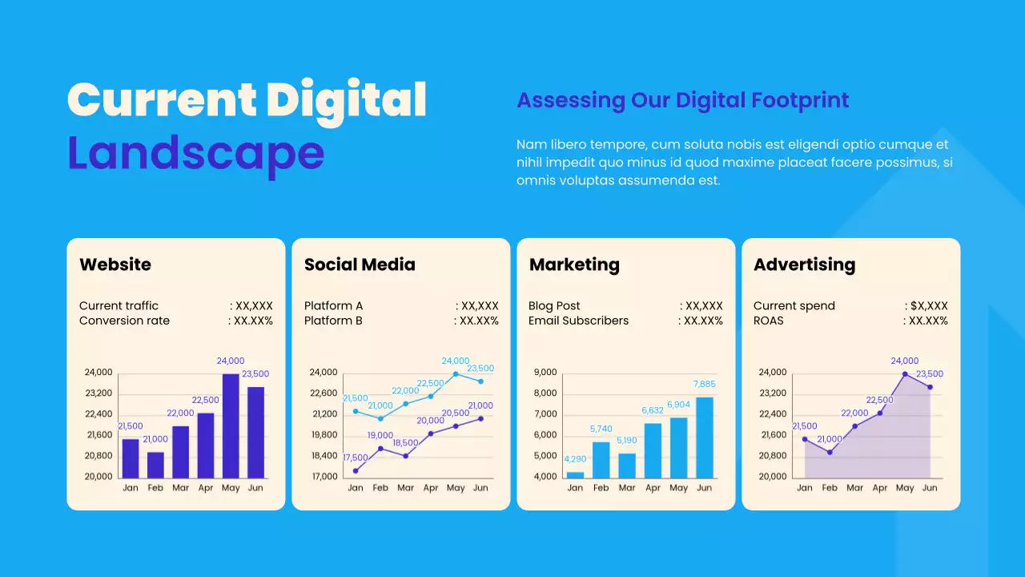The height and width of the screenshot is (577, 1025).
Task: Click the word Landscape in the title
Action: pyautogui.click(x=195, y=152)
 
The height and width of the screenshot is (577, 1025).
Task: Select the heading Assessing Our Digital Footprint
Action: pyautogui.click(x=682, y=100)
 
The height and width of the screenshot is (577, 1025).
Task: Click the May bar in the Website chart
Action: pyautogui.click(x=231, y=426)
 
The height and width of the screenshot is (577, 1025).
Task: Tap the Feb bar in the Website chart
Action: pyautogui.click(x=155, y=465)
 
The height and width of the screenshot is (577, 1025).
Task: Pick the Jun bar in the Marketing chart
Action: pyautogui.click(x=705, y=438)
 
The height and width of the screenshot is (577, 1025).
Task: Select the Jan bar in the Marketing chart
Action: pyautogui.click(x=575, y=474)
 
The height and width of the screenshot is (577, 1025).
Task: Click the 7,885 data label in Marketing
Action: pyautogui.click(x=704, y=384)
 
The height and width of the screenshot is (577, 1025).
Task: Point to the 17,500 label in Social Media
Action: pyautogui.click(x=356, y=458)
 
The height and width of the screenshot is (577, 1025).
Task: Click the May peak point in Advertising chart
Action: pyautogui.click(x=905, y=374)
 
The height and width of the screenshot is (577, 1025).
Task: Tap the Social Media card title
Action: pyautogui.click(x=360, y=264)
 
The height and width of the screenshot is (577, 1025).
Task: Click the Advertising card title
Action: pyautogui.click(x=804, y=264)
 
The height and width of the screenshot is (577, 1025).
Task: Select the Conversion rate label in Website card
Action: pyautogui.click(x=124, y=321)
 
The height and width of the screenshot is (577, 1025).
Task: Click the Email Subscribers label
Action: pyautogui.click(x=578, y=321)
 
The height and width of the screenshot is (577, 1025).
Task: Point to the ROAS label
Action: pyautogui.click(x=768, y=321)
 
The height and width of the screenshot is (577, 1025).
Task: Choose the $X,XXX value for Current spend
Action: pyautogui.click(x=929, y=305)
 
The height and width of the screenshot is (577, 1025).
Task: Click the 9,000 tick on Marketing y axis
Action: pyautogui.click(x=545, y=372)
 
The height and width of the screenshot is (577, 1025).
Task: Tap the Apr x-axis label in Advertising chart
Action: pyautogui.click(x=880, y=488)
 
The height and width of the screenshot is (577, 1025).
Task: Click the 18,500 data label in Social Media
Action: pyautogui.click(x=405, y=442)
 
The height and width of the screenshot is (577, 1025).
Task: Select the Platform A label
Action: pyautogui.click(x=333, y=305)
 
